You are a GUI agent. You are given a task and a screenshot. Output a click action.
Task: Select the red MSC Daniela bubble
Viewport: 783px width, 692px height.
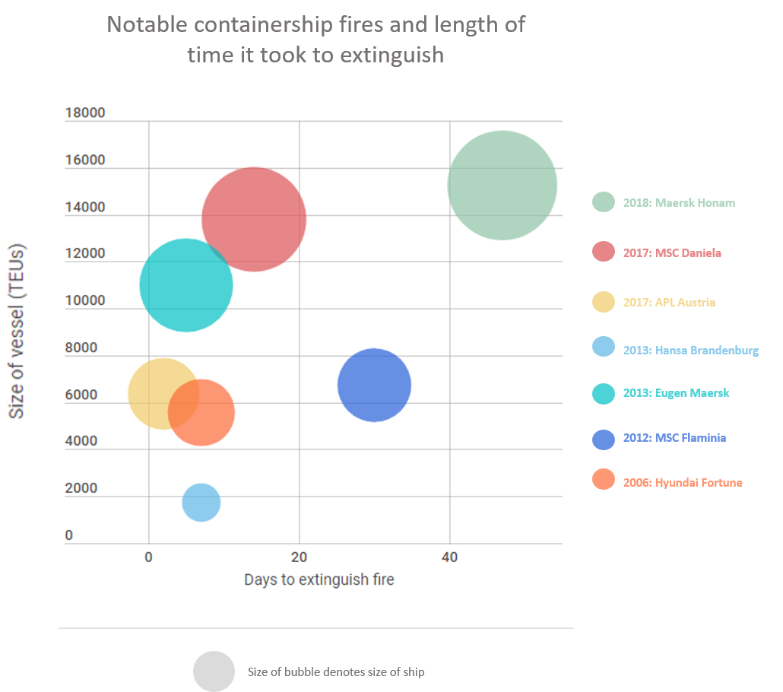click(x=254, y=219)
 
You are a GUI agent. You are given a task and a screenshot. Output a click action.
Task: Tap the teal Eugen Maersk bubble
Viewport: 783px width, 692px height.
click(x=186, y=285)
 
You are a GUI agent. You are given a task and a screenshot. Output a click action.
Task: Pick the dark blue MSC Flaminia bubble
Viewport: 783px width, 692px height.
click(x=374, y=385)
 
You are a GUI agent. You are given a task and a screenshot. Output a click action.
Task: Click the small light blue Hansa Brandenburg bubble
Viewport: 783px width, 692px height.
click(x=201, y=503)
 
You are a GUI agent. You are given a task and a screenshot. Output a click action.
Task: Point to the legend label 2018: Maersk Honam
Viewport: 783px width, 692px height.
click(x=679, y=203)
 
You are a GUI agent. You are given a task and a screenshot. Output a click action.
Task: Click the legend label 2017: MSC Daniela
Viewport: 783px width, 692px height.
click(x=672, y=252)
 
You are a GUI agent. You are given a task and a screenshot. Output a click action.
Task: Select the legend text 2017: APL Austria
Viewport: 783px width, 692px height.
click(x=669, y=303)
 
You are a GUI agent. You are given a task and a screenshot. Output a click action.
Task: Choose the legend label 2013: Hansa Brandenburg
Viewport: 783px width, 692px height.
click(x=690, y=351)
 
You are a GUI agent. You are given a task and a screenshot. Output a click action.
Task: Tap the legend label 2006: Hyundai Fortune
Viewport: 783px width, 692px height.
click(x=683, y=483)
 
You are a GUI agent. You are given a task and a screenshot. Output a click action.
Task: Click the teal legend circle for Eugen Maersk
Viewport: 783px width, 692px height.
click(x=604, y=393)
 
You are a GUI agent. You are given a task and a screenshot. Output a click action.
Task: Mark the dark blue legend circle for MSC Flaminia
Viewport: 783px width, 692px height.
click(x=604, y=439)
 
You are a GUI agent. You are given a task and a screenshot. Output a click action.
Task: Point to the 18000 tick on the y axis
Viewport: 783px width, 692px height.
click(x=85, y=113)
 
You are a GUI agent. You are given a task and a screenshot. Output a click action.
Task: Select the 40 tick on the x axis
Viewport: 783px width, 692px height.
click(x=450, y=557)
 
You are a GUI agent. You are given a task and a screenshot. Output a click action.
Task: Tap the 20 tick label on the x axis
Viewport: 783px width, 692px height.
click(x=300, y=557)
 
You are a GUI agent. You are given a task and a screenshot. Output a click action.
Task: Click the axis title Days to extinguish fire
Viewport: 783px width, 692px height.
click(x=319, y=579)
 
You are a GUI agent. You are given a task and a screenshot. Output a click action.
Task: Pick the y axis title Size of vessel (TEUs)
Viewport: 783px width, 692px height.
click(x=15, y=332)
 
